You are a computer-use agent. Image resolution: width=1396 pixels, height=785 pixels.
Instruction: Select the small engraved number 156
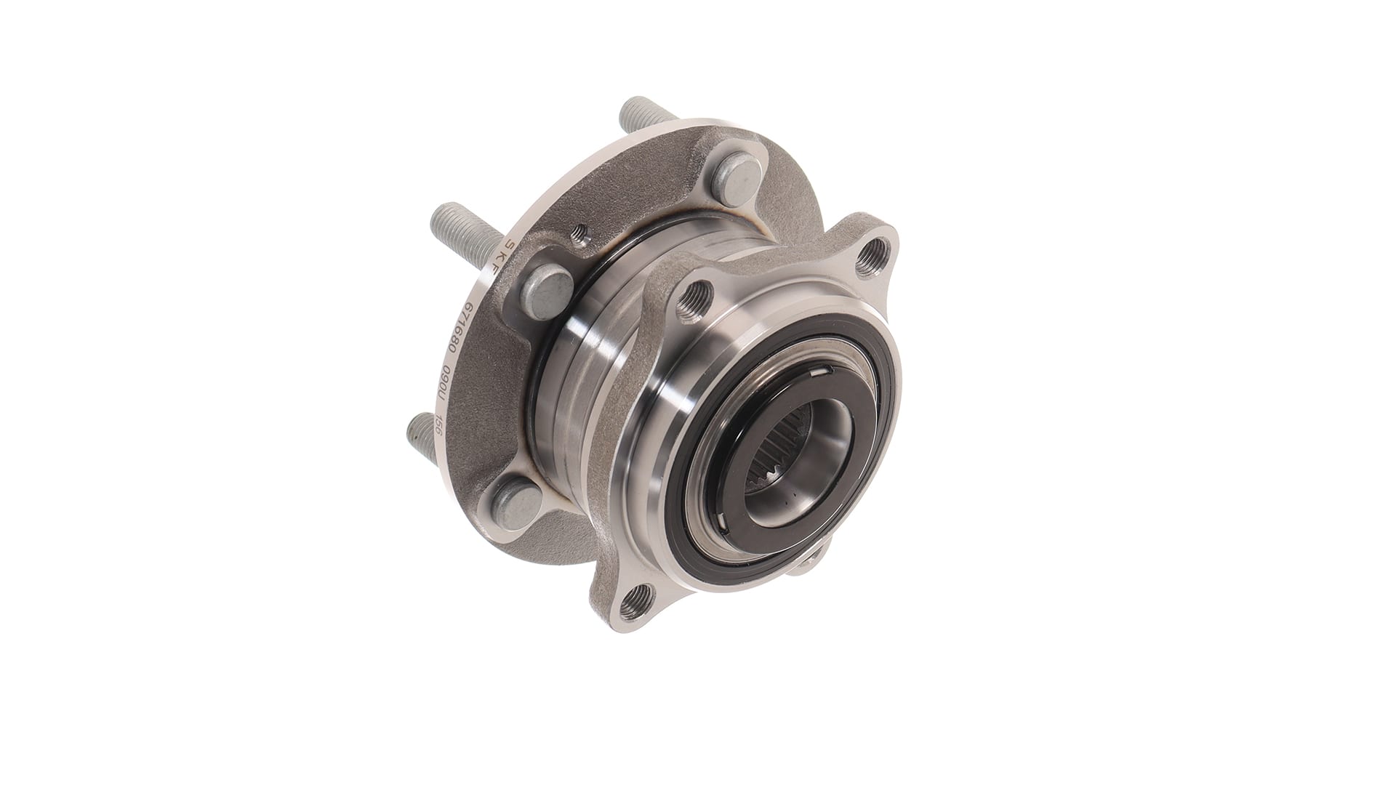tap(438, 428)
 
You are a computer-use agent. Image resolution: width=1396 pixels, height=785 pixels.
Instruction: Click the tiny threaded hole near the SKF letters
tap(578, 233)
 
